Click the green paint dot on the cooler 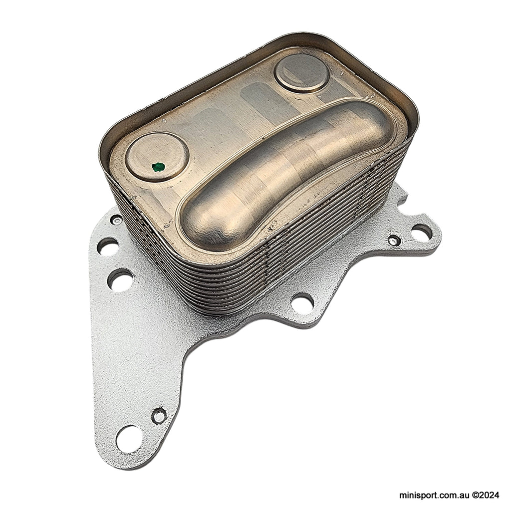tap(158, 166)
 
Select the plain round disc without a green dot tap(302, 73)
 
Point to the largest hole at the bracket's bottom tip tap(129, 439)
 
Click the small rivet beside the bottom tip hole tap(159, 415)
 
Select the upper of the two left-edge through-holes tap(108, 247)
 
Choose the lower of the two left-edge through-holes tap(120, 279)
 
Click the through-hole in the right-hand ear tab tap(422, 232)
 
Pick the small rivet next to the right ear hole tap(394, 240)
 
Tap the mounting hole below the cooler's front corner tap(302, 302)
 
